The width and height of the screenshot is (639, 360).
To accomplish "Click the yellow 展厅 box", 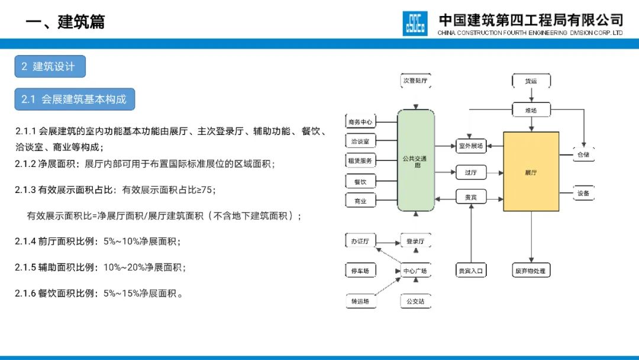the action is (x=531, y=172).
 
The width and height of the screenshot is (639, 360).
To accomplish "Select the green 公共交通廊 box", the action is (x=415, y=160).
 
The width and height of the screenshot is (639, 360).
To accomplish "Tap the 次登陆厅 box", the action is (x=415, y=80).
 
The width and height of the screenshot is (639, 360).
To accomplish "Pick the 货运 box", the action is (x=531, y=81).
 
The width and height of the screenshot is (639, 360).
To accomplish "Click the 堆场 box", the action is (x=531, y=110).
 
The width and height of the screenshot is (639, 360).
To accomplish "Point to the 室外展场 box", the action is (x=471, y=146).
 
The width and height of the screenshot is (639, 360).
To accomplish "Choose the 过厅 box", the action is (x=471, y=172).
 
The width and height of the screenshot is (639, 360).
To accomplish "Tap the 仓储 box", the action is (x=583, y=155).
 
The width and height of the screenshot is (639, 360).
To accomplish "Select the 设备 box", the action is (x=583, y=193).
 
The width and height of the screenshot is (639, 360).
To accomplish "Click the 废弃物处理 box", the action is (x=531, y=271).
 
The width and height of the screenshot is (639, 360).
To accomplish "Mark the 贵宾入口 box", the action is (x=471, y=271).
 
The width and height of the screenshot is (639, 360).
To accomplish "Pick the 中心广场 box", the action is (x=415, y=271).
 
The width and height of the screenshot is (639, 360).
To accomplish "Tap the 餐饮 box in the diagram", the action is (x=360, y=182).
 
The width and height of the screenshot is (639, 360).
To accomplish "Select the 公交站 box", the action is (x=415, y=301).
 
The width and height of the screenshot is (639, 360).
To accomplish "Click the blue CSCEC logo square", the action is (x=415, y=23).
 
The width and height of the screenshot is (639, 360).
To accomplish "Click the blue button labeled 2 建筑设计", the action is (x=50, y=66).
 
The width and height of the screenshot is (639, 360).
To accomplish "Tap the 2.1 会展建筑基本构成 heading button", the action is (x=75, y=99).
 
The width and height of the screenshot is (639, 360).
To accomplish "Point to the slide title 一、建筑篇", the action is (x=65, y=22).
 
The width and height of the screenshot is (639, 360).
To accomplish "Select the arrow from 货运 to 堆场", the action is (x=531, y=95).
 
